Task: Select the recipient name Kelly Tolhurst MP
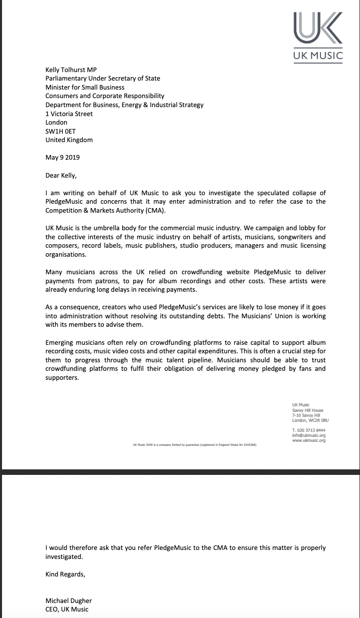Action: pos(71,70)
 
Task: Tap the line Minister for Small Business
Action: pos(85,87)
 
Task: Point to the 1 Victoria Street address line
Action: pos(69,114)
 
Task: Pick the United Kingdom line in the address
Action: pos(69,140)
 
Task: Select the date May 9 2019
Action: pos(63,157)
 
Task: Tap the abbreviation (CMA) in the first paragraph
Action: pos(154,210)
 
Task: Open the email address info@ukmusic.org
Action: pos(308,435)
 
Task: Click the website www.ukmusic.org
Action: pos(308,441)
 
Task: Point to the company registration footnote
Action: pos(194,444)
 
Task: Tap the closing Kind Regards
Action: pos(65,574)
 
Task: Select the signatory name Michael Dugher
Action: pos(69,600)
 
